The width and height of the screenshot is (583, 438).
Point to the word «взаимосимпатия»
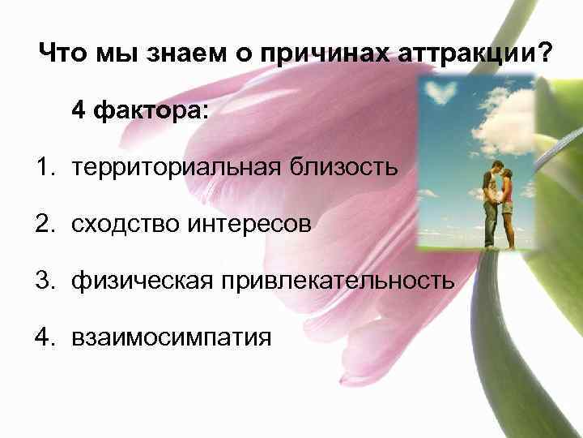click(x=171, y=337)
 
